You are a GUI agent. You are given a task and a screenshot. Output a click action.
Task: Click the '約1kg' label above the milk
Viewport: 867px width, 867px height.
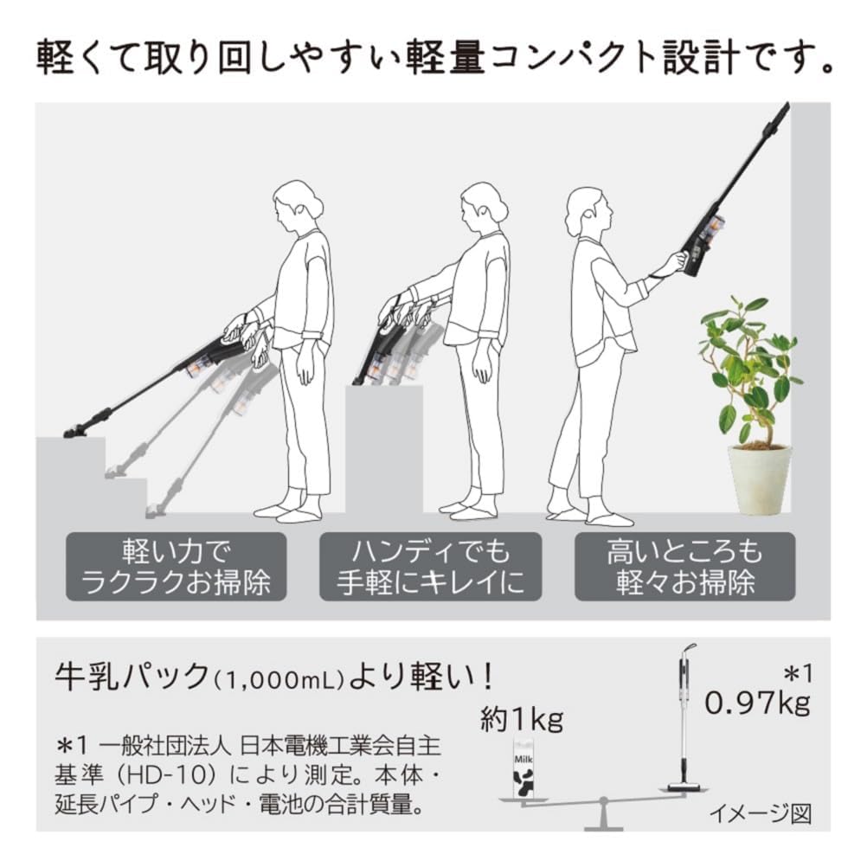pos(522,719)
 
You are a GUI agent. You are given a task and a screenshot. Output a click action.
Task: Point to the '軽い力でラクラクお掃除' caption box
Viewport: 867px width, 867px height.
pos(176,567)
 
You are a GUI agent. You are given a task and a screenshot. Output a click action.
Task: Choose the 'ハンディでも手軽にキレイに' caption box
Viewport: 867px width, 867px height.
pos(430,567)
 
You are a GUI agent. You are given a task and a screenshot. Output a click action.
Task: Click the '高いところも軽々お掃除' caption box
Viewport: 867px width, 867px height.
pos(684,567)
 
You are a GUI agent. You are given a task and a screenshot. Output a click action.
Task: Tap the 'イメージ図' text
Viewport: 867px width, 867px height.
pos(761,813)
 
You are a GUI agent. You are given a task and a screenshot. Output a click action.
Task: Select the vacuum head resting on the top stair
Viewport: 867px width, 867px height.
pos(77,429)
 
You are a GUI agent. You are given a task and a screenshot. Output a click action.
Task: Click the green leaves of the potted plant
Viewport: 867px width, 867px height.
pos(749,363)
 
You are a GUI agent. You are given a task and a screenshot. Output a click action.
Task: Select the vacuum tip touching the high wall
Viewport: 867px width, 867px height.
pos(782,110)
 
